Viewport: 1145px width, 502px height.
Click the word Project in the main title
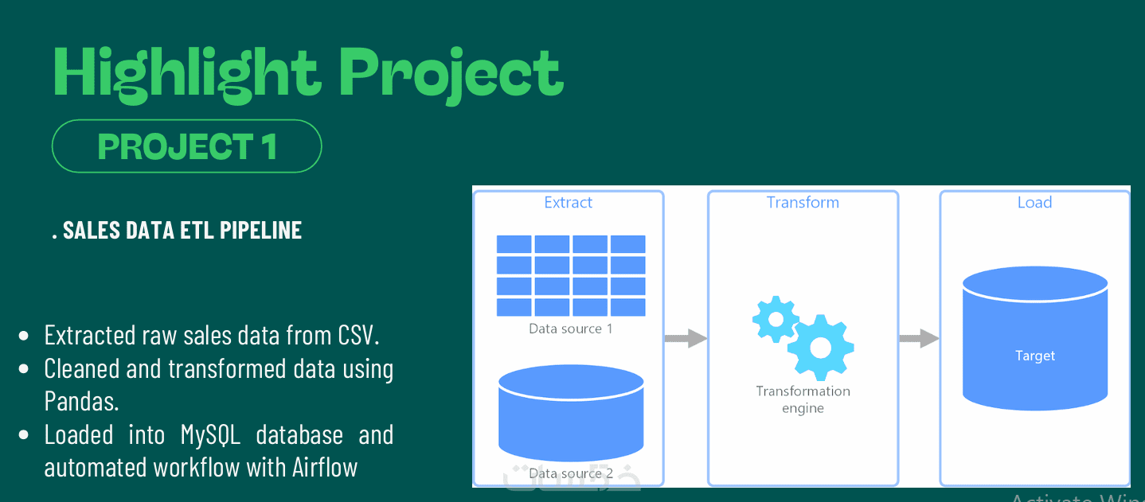click(451, 73)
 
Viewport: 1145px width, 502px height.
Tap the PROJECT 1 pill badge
click(186, 146)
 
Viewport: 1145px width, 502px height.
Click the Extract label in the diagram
click(568, 202)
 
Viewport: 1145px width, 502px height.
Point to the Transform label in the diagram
click(803, 202)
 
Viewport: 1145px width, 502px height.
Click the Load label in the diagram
click(1034, 202)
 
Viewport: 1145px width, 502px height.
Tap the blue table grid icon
click(571, 275)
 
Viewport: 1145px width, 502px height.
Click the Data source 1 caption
click(571, 328)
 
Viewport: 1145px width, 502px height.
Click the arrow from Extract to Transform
click(686, 338)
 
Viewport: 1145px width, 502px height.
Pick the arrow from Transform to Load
click(919, 338)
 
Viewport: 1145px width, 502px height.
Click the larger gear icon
click(820, 347)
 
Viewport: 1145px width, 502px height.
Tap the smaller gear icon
click(775, 319)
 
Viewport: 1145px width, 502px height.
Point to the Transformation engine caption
click(803, 399)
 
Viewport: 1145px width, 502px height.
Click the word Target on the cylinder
click(1035, 356)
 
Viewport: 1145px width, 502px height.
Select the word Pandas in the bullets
click(80, 401)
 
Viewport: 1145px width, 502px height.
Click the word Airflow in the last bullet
click(324, 467)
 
